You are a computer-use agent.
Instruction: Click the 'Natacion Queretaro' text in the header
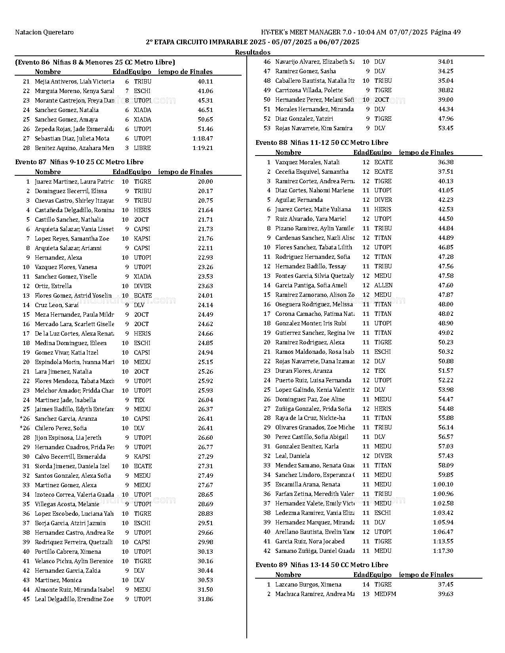pyautogui.click(x=44, y=32)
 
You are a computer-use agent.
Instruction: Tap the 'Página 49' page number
pyautogui.click(x=446, y=32)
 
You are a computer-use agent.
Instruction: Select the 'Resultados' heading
pyautogui.click(x=252, y=52)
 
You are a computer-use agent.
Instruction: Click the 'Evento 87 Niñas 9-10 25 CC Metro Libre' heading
pyautogui.click(x=79, y=162)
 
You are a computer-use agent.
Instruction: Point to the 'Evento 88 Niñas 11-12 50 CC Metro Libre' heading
pyautogui.click(x=322, y=142)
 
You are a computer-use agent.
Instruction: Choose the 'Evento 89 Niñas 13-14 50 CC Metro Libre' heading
pyautogui.click(x=322, y=565)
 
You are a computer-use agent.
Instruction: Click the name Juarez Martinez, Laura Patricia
pyautogui.click(x=74, y=182)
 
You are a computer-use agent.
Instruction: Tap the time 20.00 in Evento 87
pyautogui.click(x=205, y=182)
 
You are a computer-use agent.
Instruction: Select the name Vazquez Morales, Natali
pyautogui.click(x=307, y=162)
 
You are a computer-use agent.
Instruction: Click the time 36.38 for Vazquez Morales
pyautogui.click(x=446, y=162)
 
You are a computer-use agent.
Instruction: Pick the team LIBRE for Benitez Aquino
pyautogui.click(x=142, y=148)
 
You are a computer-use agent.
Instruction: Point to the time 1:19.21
pyautogui.click(x=202, y=148)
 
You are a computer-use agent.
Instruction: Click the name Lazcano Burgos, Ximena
pyautogui.click(x=308, y=585)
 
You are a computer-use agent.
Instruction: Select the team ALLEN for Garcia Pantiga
pyautogui.click(x=383, y=285)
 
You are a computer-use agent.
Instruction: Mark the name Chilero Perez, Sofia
pyautogui.click(x=61, y=428)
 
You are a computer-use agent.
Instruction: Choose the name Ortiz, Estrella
pyautogui.click(x=53, y=286)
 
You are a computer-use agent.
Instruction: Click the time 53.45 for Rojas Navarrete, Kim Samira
pyautogui.click(x=446, y=128)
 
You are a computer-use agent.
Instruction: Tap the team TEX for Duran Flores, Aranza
pyautogui.click(x=380, y=371)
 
